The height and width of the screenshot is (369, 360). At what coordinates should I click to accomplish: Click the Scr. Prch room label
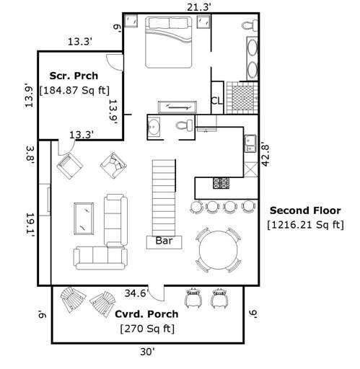point(74,76)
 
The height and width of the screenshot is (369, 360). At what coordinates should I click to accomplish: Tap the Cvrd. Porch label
point(147,314)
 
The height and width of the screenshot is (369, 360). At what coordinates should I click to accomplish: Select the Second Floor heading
point(306,210)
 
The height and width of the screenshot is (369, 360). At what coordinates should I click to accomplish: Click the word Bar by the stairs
point(164,242)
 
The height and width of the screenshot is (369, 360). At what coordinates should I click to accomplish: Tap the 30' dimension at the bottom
point(149,352)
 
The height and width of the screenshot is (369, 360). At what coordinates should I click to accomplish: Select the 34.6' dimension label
point(136,293)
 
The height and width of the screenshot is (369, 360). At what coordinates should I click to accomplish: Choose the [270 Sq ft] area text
point(147,329)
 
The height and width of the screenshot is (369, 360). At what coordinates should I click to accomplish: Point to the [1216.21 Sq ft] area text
point(306,225)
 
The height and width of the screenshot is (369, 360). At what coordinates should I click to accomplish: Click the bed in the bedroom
point(169,42)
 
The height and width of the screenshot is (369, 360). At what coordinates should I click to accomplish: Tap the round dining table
point(219,249)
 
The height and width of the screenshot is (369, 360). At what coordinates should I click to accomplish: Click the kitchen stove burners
point(220,183)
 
